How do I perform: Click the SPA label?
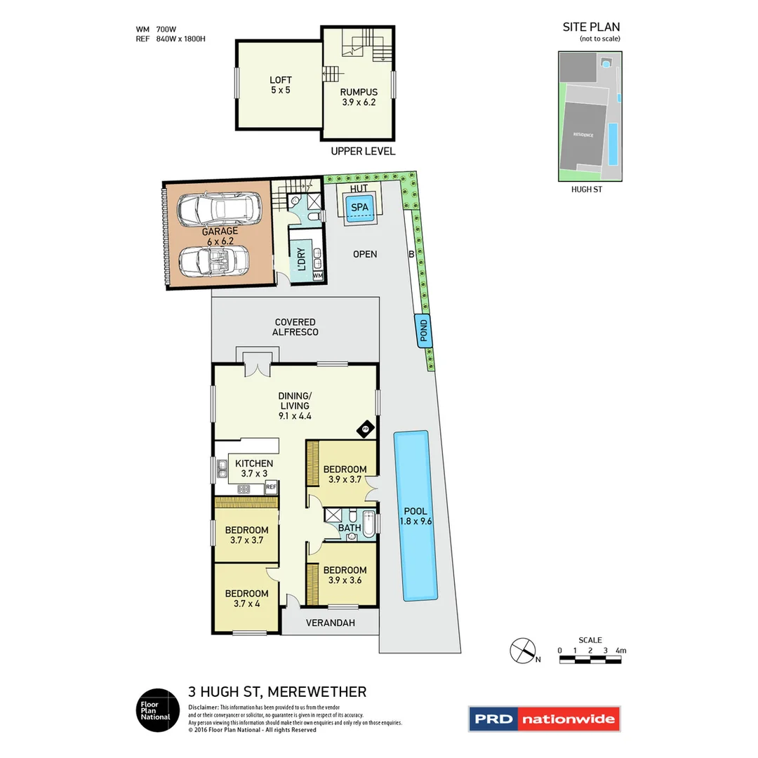359,208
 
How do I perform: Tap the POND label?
423,331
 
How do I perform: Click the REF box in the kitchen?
271,486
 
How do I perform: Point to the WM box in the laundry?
318,276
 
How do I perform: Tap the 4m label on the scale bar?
619,651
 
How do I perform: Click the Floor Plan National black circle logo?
154,709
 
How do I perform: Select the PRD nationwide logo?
544,719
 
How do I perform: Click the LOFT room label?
280,85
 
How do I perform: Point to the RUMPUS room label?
359,97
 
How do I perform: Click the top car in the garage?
218,208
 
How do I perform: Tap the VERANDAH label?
331,623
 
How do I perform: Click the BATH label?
350,528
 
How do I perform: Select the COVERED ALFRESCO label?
295,327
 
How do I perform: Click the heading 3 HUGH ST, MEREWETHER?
277,692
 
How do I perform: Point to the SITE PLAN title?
591,27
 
